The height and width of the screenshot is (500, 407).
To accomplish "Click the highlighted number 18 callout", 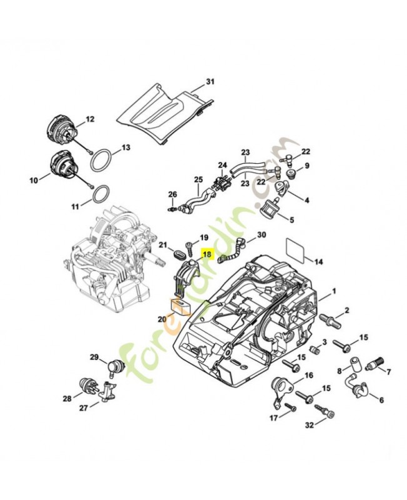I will point(207,255).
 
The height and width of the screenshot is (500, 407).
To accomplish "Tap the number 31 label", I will point(210,82).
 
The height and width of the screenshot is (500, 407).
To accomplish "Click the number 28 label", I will point(67,397).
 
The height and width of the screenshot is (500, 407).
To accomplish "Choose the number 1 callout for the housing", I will point(333,291).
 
